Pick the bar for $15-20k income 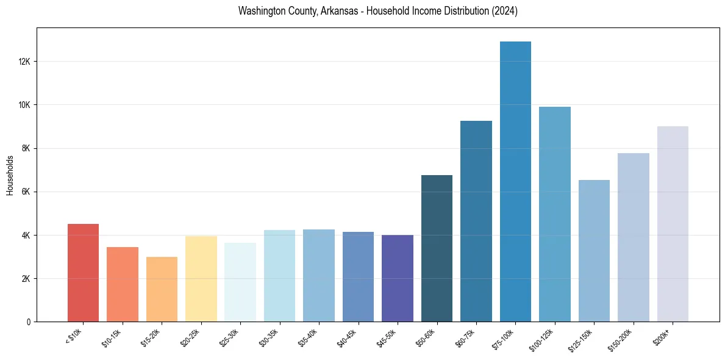pos(162,289)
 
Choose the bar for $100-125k pos(555,214)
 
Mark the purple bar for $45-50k pos(398,278)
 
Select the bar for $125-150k pos(594,251)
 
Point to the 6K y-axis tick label pos(26,192)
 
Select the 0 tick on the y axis pos(29,322)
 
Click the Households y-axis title pos(10,175)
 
